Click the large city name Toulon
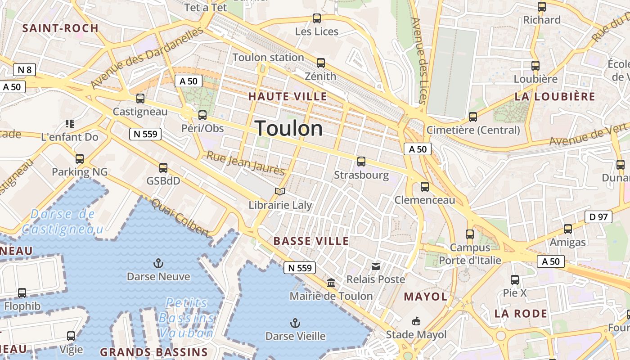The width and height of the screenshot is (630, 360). [x=288, y=129]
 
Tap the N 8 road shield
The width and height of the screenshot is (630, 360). [x=24, y=70]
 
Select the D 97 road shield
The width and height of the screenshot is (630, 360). [x=598, y=217]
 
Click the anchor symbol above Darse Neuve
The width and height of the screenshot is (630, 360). [x=158, y=263]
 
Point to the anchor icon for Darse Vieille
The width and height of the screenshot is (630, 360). [x=295, y=323]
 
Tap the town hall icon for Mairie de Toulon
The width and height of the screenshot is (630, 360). [x=331, y=283]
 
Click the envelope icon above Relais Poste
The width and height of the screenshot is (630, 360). [x=376, y=266]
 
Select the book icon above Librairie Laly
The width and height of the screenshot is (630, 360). [x=280, y=192]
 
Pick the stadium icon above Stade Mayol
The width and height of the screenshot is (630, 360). [x=416, y=321]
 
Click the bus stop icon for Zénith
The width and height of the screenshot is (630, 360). [x=320, y=63]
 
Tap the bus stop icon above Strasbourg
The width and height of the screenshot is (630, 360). [x=361, y=162]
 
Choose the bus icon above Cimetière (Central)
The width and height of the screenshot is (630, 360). [x=472, y=117]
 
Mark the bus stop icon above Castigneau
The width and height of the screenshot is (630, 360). [x=140, y=99]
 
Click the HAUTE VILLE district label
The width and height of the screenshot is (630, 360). [x=288, y=96]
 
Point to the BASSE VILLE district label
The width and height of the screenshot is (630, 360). [x=311, y=241]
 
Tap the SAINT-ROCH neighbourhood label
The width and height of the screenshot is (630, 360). [x=60, y=28]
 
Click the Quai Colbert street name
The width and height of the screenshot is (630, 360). [x=180, y=218]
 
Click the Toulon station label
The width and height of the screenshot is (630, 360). [x=268, y=58]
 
